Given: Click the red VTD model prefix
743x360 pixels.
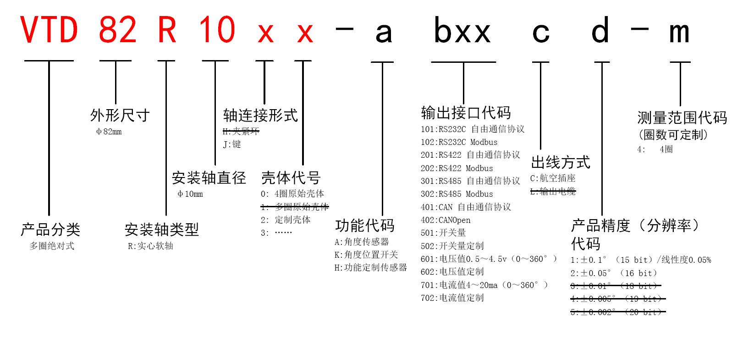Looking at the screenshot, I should coord(49,30).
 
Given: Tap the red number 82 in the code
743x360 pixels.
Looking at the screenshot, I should coord(117,30).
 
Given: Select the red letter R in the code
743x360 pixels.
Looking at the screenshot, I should coord(167,30).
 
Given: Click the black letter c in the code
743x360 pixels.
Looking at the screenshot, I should coord(541,32).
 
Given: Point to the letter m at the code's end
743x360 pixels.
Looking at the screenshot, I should coord(679,32).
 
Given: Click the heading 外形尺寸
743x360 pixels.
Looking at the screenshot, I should coord(120,116).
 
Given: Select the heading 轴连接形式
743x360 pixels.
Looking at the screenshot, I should coord(260,116).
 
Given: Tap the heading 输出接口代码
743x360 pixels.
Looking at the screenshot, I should coord(466,113).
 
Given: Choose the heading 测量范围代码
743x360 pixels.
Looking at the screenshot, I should coord(682,118).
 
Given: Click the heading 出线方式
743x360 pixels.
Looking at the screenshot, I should coord(561,162).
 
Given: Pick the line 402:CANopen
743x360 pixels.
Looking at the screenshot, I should coord(446,220).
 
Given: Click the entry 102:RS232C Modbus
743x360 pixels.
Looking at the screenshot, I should coord(459,142).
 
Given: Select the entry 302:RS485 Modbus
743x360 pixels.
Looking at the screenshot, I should coord(457,194).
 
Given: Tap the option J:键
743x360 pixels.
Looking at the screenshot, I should coord(232,144).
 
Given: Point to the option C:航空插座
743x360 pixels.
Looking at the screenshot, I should coord(553,178).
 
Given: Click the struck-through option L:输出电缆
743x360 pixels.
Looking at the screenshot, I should coord(553,192).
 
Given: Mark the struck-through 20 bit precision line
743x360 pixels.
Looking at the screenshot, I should coord(617,312).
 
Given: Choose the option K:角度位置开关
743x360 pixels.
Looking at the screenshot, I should coord(366,255).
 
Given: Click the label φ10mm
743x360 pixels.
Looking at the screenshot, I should coord(190,194).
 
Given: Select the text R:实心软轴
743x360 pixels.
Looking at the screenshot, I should coord(150,246).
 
